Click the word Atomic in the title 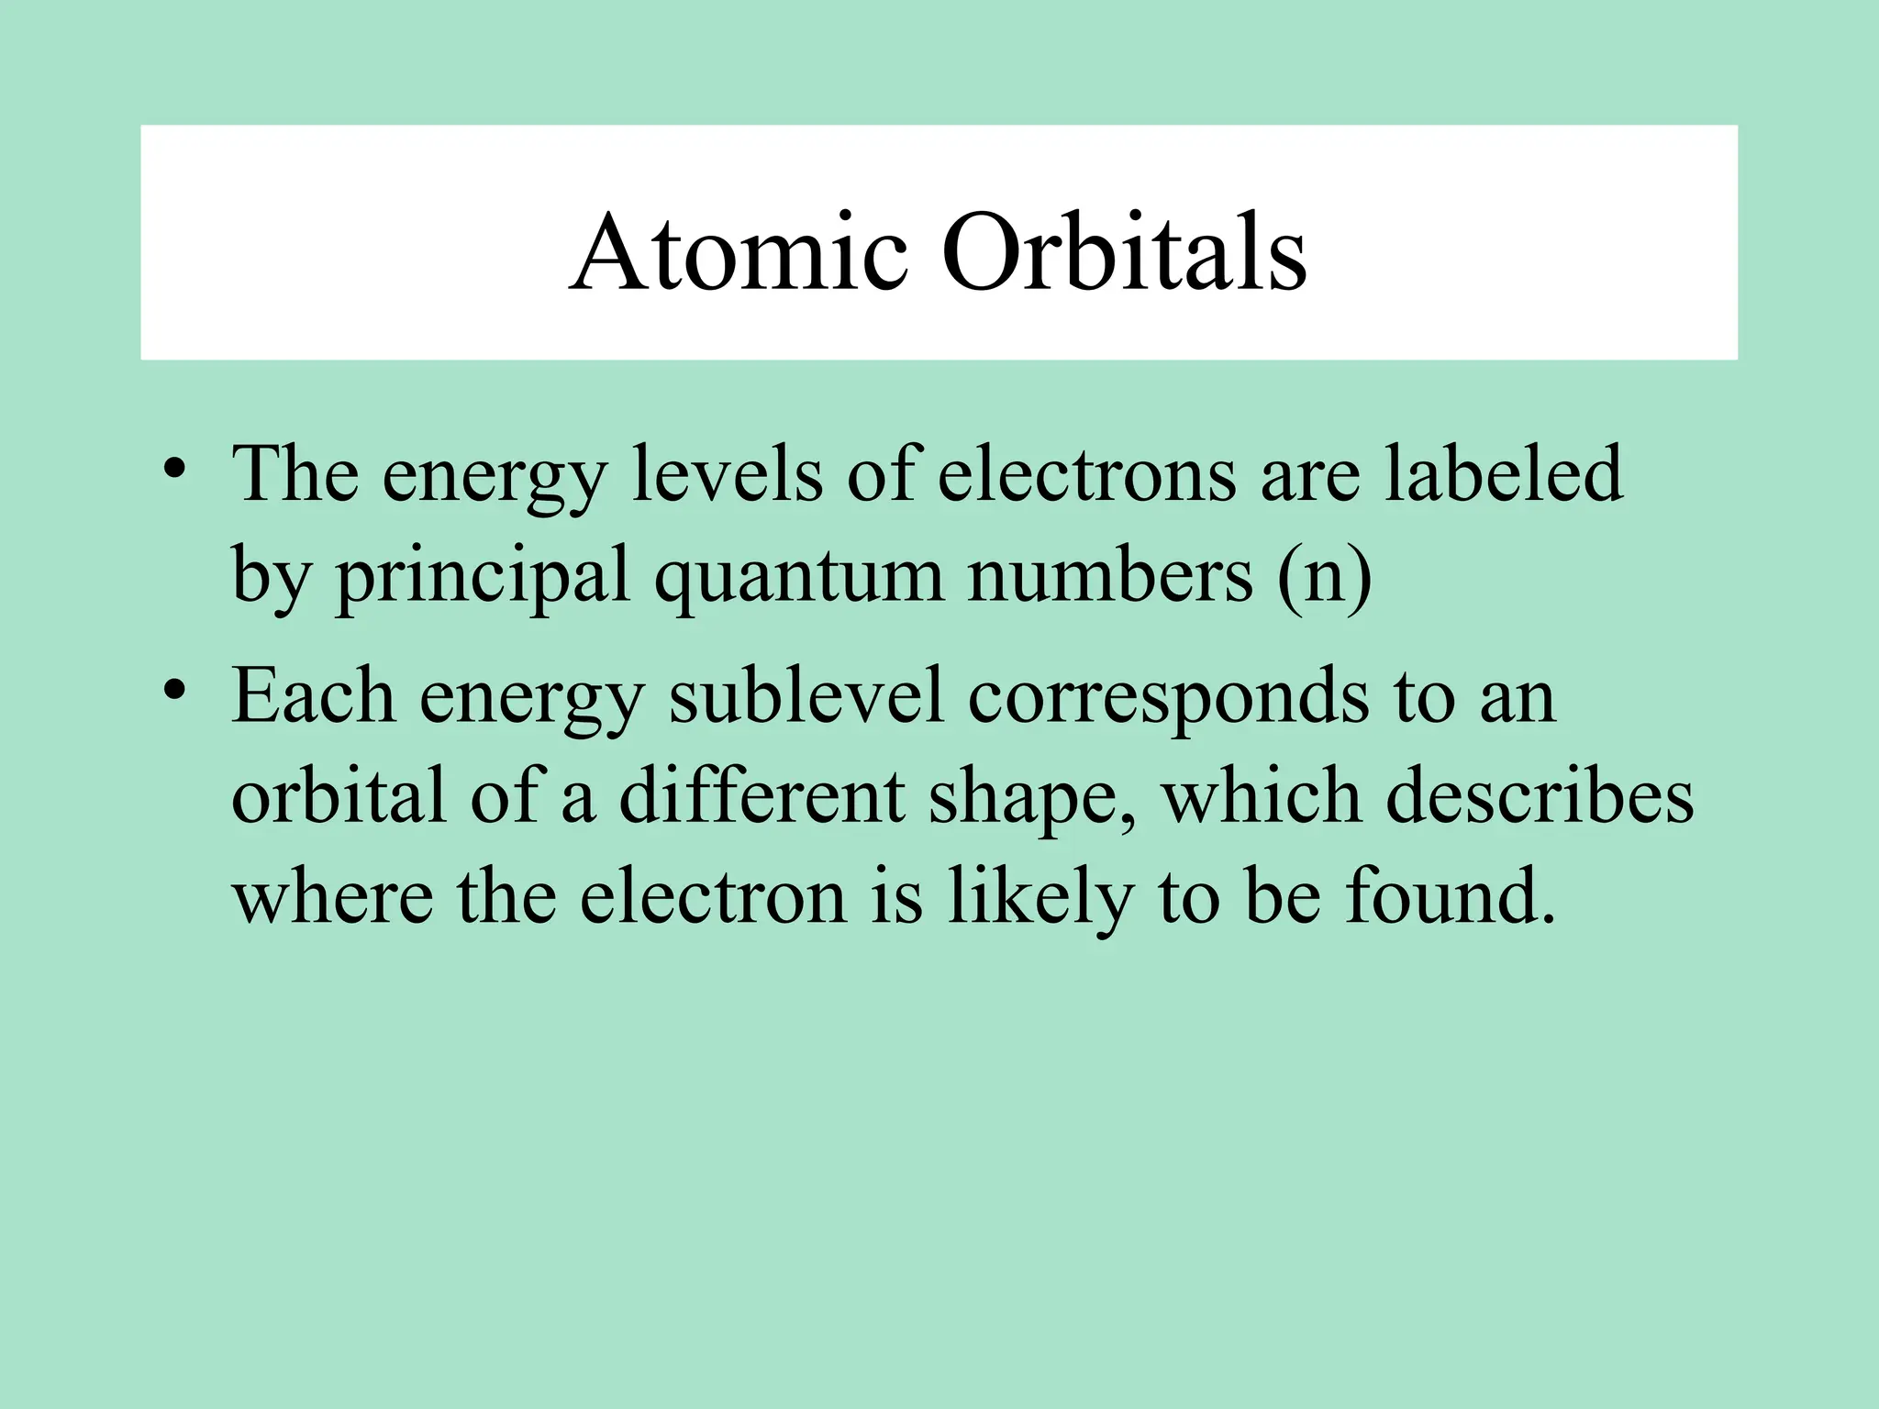(739, 252)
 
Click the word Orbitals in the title (1124, 252)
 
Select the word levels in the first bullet (727, 474)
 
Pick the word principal (483, 576)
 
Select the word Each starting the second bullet (314, 695)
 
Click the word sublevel (806, 695)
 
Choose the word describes (1539, 795)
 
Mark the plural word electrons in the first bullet (1086, 474)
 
